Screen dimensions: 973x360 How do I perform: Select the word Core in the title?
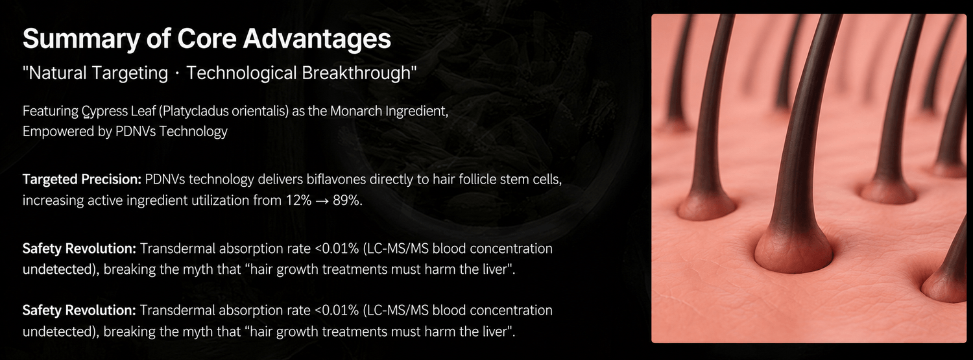(206, 38)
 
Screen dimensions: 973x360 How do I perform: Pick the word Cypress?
(104, 112)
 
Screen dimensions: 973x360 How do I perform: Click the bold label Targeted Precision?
(82, 179)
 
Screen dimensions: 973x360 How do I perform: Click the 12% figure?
(298, 200)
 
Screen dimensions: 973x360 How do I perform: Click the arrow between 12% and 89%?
(322, 200)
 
